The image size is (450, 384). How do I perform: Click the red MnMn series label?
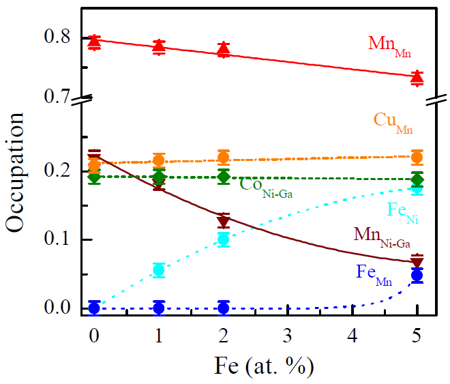[389, 46]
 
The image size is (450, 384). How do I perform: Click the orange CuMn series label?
[393, 121]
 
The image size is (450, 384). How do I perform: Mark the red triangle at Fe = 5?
[417, 78]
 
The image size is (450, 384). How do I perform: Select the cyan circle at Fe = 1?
[159, 269]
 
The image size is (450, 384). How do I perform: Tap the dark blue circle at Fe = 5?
[417, 276]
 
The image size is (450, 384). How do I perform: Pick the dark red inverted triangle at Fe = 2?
[224, 222]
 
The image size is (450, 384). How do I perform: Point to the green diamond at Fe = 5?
[417, 180]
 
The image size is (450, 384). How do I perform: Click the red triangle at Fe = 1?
[159, 46]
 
